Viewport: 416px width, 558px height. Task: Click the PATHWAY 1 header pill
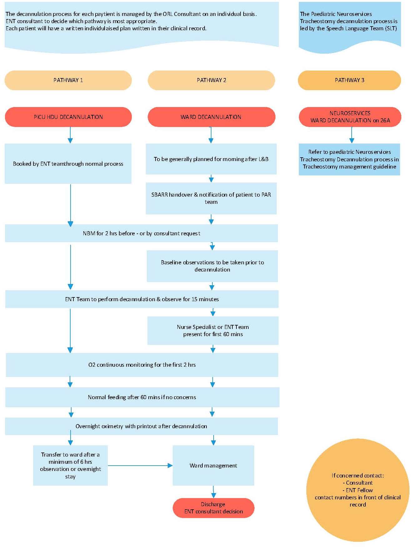point(68,80)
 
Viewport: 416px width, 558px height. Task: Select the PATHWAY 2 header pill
point(211,80)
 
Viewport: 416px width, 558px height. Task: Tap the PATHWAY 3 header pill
point(349,80)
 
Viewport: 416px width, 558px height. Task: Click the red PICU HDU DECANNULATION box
point(68,117)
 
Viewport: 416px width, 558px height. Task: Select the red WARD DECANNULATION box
point(211,117)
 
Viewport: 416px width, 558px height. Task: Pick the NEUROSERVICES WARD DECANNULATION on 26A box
point(350,117)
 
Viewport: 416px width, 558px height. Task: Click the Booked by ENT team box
point(68,164)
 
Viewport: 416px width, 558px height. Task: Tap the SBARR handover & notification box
point(211,198)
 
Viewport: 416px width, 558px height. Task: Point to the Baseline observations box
point(212,266)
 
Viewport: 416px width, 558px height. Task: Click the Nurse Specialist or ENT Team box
point(213,330)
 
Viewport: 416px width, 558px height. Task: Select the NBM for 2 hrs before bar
point(141,233)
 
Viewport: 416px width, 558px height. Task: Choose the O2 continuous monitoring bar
point(142,365)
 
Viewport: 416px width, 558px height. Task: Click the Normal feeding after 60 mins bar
point(142,397)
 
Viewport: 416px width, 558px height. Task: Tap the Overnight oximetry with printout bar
point(141,426)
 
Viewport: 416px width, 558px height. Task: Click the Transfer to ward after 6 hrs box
point(70,465)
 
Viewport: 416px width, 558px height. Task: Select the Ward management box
point(213,465)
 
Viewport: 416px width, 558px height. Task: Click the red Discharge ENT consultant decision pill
point(213,508)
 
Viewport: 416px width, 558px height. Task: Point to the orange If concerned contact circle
point(358,490)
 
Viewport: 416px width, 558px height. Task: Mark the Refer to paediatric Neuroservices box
point(349,159)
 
